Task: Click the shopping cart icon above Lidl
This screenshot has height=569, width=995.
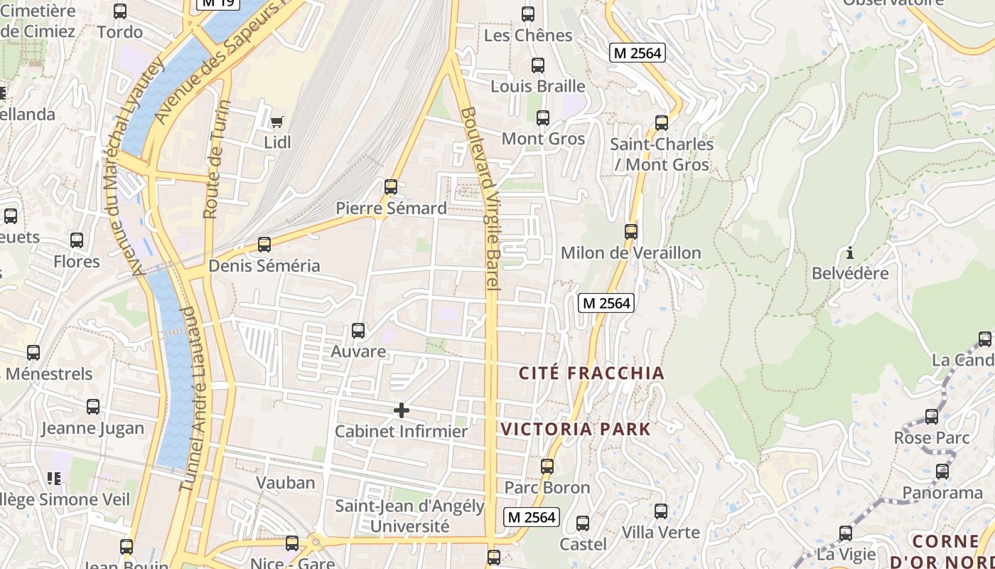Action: pyautogui.click(x=276, y=122)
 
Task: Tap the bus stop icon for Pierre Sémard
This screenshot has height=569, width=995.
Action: pyautogui.click(x=390, y=187)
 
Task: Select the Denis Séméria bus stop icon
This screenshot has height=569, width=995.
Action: pyautogui.click(x=264, y=245)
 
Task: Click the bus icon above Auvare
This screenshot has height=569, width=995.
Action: pyautogui.click(x=358, y=331)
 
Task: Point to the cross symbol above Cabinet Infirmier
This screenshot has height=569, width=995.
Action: pyautogui.click(x=402, y=410)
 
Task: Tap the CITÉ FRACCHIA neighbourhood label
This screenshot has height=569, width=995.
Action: pyautogui.click(x=591, y=373)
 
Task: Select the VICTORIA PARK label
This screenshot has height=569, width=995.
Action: pyautogui.click(x=576, y=429)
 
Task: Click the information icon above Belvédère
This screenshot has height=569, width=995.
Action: pyautogui.click(x=849, y=252)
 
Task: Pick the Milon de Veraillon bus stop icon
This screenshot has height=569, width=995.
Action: pyautogui.click(x=630, y=232)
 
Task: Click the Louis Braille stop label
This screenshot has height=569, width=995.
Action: pyautogui.click(x=538, y=87)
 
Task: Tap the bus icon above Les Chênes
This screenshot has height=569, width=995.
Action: pyautogui.click(x=528, y=14)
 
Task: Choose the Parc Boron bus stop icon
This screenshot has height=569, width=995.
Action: pyautogui.click(x=547, y=467)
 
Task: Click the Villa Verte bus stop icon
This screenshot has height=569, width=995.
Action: pyautogui.click(x=660, y=511)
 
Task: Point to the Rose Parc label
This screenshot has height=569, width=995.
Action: pyautogui.click(x=931, y=437)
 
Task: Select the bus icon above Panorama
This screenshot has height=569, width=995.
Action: pyautogui.click(x=942, y=472)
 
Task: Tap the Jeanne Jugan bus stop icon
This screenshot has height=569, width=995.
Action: pyautogui.click(x=93, y=407)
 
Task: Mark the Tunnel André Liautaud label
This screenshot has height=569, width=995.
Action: pyautogui.click(x=188, y=398)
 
